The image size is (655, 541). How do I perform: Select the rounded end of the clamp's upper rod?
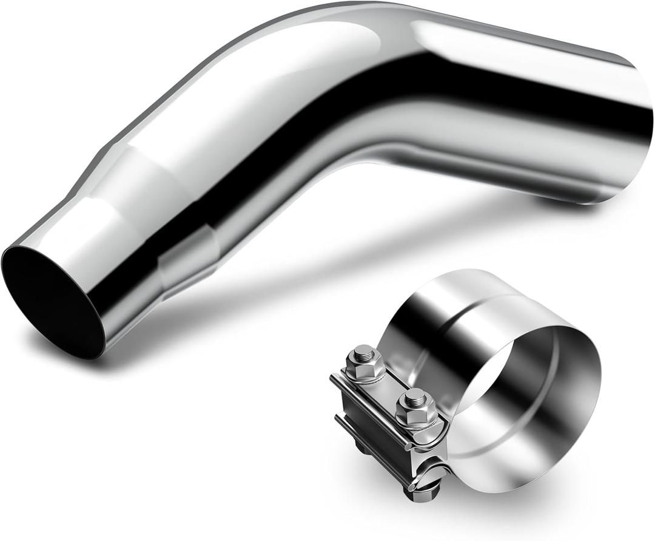coord(334,379)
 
